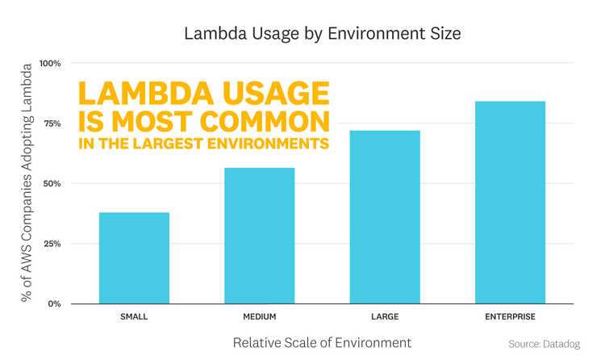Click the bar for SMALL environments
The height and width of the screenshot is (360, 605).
coord(134,257)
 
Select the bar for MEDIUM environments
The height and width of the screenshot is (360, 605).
coord(259,235)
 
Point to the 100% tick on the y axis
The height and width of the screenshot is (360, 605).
coord(48,63)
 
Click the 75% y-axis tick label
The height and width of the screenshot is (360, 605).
coord(51,123)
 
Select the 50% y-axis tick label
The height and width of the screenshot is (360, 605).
coord(51,183)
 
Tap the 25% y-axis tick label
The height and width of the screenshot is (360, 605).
coord(51,244)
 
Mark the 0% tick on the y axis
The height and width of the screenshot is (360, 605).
coord(53,303)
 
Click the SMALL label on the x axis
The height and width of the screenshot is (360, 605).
coord(134,316)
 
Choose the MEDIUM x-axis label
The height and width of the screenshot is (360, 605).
coord(259,316)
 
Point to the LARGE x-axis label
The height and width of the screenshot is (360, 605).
coord(385,316)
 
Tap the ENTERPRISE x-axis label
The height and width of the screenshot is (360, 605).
coord(510,316)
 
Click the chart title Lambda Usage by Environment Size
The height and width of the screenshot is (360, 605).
coord(322,34)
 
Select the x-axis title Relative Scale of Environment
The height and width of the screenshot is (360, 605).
coord(322,342)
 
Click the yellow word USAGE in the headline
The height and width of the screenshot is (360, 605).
coord(265,94)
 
